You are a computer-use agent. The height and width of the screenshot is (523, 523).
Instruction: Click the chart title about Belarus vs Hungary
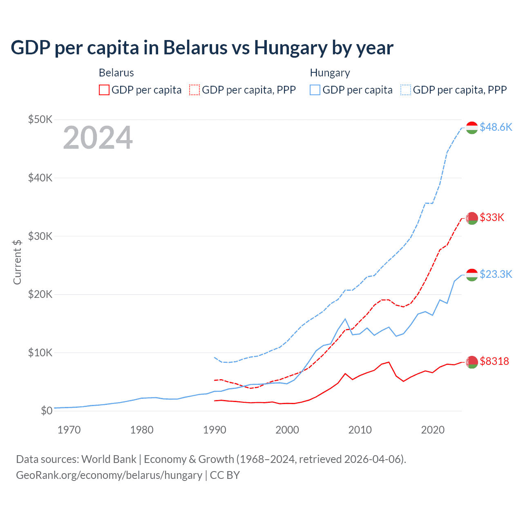point(202,48)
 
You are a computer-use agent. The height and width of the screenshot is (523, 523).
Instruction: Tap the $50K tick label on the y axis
point(40,119)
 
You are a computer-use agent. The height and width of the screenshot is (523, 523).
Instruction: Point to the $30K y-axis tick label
point(40,236)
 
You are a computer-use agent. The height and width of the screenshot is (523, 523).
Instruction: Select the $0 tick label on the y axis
point(46,411)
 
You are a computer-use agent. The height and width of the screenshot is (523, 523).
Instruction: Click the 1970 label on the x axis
point(69,430)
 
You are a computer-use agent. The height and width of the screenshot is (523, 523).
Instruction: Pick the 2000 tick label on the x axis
point(287,430)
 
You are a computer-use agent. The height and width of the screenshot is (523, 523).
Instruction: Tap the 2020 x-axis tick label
point(433,430)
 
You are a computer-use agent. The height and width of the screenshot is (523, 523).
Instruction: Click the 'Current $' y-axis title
point(17,262)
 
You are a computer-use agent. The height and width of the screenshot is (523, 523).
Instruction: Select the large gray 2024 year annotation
point(98,138)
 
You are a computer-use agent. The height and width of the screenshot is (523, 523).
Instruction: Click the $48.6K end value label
point(496,127)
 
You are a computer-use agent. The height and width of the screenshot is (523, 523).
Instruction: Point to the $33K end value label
point(492,217)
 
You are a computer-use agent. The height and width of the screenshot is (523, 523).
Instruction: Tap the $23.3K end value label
point(496,274)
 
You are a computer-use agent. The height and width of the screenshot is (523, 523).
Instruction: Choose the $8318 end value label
point(494,361)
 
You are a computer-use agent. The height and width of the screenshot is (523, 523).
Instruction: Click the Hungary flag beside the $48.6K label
point(472,127)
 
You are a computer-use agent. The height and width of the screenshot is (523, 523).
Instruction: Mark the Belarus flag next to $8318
point(472,362)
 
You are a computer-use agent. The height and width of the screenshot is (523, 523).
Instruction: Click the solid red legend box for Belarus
point(104,90)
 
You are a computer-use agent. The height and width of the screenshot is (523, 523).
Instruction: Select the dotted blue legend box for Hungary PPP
point(406,90)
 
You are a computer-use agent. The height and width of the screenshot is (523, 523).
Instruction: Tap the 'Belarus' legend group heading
point(116,73)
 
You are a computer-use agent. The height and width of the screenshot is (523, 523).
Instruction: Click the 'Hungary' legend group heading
point(330,73)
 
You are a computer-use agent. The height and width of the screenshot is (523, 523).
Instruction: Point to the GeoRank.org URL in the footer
point(109,475)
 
